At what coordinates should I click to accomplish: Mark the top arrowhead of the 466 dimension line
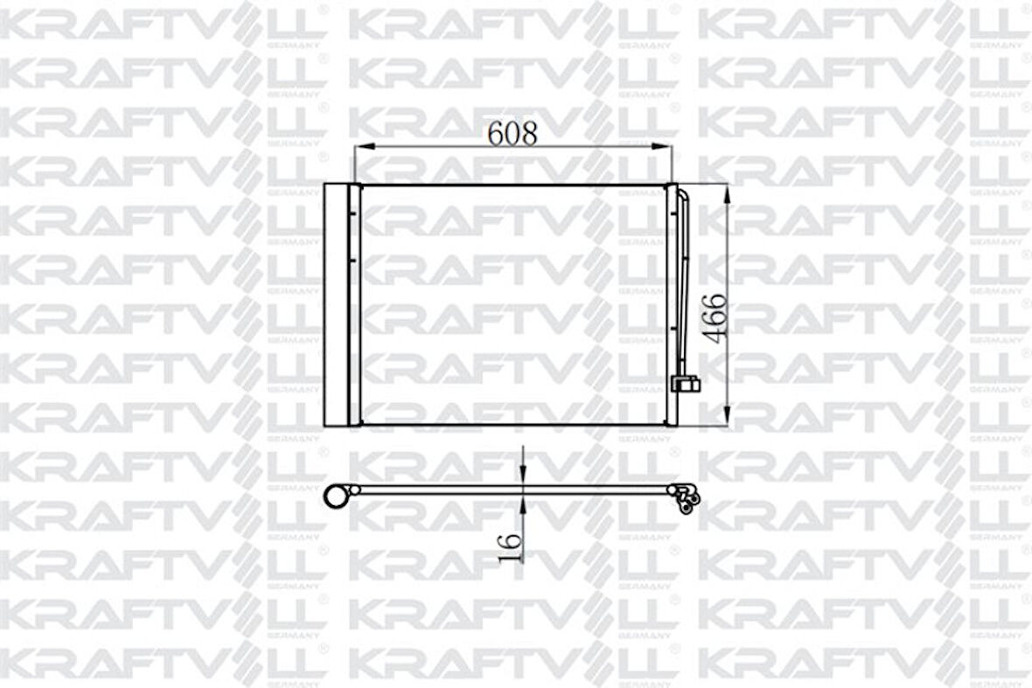[x=728, y=191]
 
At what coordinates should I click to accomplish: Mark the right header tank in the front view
[x=672, y=305]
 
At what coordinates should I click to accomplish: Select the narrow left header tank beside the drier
[x=354, y=305]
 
